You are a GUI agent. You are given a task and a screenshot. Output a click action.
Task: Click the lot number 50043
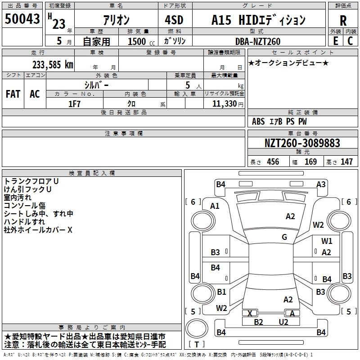pos(22,19)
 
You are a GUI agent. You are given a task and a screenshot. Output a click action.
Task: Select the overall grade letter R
pos(343,21)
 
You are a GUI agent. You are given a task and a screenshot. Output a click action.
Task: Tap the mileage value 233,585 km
pos(53,65)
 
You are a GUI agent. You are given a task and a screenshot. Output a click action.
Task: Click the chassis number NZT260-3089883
pos(302,143)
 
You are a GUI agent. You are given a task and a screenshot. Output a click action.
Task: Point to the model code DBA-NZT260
pos(258,41)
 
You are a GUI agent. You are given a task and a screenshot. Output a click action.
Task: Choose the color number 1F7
pos(74,104)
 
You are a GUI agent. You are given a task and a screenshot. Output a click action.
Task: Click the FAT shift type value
pos(13,94)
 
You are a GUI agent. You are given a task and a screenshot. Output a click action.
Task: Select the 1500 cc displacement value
pos(141,41)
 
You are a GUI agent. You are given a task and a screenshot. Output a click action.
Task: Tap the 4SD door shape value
pos(174,20)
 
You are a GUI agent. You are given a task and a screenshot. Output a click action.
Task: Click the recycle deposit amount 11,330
pos(225,104)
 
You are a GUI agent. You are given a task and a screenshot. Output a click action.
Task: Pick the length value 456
pos(273,162)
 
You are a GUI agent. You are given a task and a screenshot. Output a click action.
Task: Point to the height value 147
pos(346,162)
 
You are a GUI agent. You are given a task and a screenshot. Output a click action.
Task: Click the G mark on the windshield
pos(284,237)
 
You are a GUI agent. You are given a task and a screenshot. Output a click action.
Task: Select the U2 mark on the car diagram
pos(283,322)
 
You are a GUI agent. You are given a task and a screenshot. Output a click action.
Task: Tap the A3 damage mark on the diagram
pos(321,184)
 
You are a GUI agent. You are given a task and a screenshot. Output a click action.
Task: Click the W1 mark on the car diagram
pos(327,241)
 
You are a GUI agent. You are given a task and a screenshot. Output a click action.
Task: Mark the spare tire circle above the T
pos(197,328)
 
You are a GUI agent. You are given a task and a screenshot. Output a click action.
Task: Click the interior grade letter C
pos(350,41)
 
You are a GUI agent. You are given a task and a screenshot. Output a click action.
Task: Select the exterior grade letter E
pos(336,41)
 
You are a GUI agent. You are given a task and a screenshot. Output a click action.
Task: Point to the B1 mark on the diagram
pos(221,292)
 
